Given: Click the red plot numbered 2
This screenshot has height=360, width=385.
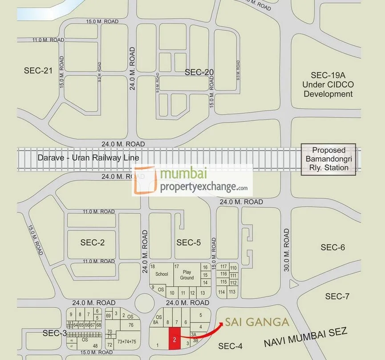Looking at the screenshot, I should point(174,339).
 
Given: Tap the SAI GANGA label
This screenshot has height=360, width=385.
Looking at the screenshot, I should point(257,322).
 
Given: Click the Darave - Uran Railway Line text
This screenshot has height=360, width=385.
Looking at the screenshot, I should point(88,158).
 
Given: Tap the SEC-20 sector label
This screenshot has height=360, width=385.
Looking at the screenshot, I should point(199,72).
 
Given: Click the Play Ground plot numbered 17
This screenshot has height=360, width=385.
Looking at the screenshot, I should point(186,274).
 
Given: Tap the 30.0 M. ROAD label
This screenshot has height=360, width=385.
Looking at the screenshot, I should point(287,250).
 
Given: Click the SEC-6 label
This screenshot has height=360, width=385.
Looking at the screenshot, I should point(332,247).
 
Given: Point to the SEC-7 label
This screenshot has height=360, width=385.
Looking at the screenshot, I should point(337,296).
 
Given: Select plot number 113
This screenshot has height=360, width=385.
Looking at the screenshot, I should point(232,292).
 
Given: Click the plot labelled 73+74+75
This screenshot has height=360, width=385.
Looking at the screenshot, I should point(127,342).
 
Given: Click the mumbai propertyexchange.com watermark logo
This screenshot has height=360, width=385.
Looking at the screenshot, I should point(193,180).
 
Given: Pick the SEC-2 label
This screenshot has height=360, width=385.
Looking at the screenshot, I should point(93,242).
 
